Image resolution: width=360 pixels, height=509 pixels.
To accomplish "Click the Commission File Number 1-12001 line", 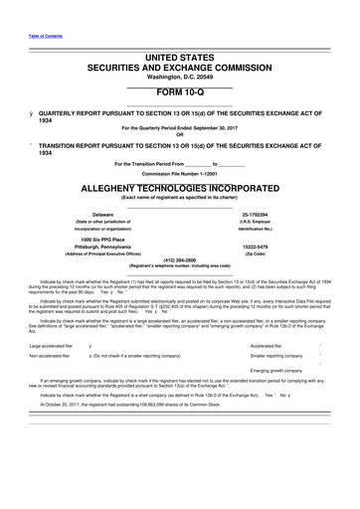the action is point(179,173).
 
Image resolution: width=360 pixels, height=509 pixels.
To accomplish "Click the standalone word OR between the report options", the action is point(180,135).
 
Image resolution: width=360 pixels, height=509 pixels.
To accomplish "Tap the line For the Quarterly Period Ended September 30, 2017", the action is point(180,127).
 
